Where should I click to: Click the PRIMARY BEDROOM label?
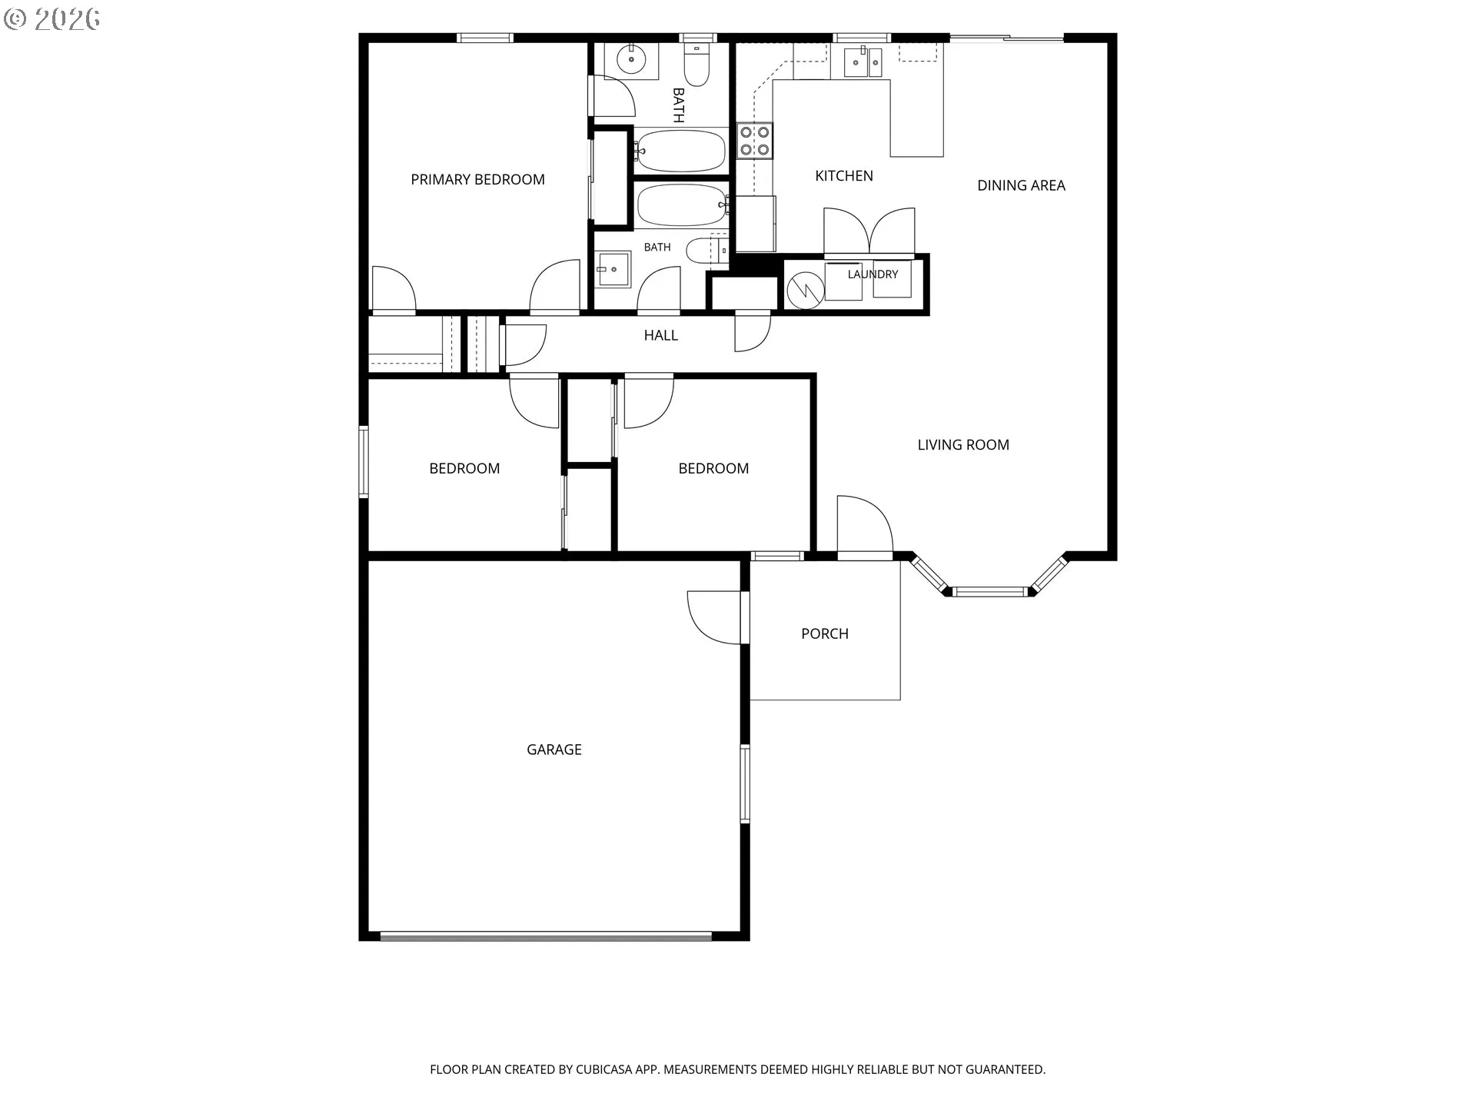coord(477,180)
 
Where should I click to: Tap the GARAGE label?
coord(553,750)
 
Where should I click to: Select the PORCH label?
coord(825,633)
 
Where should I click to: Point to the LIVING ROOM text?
coord(963,444)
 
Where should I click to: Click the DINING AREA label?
coord(1021,185)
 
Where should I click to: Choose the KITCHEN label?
coord(844,176)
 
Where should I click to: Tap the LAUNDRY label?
coord(873,274)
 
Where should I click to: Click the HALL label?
coord(661,335)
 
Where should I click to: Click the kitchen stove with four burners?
coord(755,141)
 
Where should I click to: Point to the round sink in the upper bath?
coord(632,58)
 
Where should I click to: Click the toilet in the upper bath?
coord(697,65)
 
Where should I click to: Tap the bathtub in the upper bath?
coord(681,151)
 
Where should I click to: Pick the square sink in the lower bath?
coord(614,269)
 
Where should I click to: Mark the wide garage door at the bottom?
coord(546,936)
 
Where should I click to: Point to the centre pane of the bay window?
coord(989,591)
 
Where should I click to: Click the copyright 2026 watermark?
coord(52,19)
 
